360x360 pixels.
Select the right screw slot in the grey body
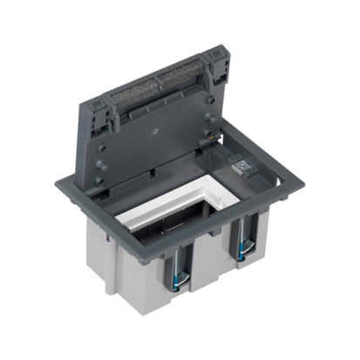pos(241,243)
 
